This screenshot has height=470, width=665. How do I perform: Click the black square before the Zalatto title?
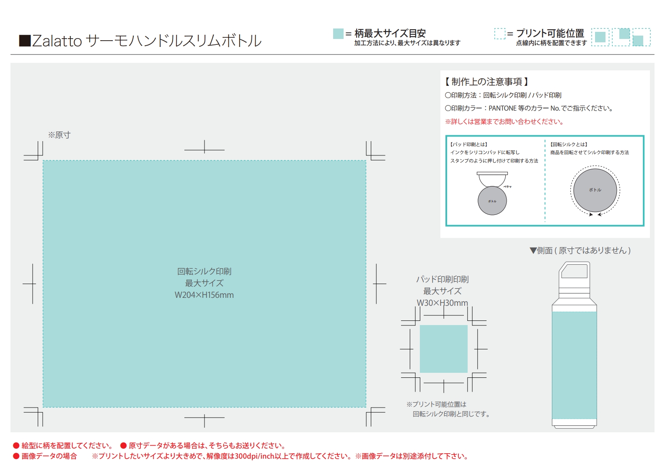click(x=25, y=41)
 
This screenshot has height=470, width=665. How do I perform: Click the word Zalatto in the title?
click(x=57, y=41)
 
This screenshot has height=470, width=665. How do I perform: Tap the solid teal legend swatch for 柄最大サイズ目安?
click(x=338, y=34)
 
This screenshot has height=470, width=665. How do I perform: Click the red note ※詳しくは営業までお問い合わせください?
click(x=505, y=121)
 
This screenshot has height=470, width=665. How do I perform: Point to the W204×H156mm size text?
click(x=204, y=295)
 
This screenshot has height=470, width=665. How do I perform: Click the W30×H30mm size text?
click(x=442, y=303)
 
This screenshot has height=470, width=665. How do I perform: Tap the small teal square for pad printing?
click(x=443, y=349)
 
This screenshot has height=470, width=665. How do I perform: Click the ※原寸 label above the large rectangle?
click(x=60, y=135)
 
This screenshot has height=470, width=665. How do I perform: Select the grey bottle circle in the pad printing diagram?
click(x=492, y=201)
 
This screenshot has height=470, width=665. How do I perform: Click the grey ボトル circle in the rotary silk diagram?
click(x=595, y=190)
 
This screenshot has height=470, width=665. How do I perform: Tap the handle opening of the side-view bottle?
click(x=574, y=271)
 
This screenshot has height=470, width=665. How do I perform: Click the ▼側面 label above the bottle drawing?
click(x=580, y=251)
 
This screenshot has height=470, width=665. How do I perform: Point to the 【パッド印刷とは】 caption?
click(x=468, y=145)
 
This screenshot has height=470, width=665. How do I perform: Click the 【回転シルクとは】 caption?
click(x=569, y=145)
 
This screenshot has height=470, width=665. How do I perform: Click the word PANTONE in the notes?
click(x=502, y=108)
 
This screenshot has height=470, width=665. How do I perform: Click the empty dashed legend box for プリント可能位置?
click(x=499, y=34)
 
